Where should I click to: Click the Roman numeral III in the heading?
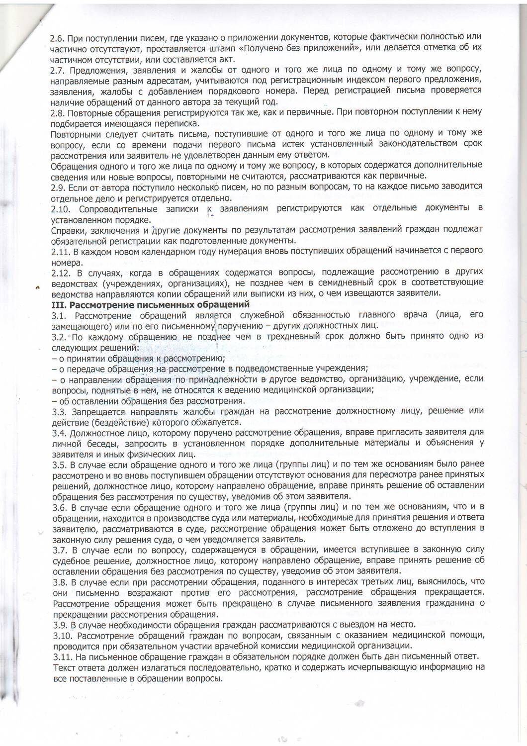point(59,304)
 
